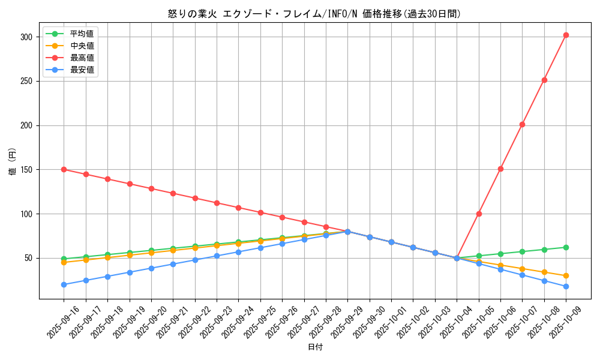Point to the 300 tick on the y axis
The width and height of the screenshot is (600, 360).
click(26, 37)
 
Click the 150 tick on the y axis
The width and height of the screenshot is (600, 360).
click(26, 170)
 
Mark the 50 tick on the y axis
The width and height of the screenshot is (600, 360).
click(28, 258)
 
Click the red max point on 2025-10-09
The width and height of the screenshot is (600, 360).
click(566, 35)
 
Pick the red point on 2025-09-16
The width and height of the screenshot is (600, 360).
click(64, 169)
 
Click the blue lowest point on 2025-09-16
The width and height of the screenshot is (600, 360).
click(64, 284)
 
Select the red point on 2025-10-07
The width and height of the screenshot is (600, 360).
click(522, 124)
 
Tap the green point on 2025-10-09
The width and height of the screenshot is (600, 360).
click(566, 247)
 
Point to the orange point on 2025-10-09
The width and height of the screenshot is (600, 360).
click(566, 276)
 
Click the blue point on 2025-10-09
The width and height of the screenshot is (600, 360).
click(566, 286)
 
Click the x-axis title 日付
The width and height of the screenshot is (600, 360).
click(315, 347)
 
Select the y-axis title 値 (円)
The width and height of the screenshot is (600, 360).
click(12, 162)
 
